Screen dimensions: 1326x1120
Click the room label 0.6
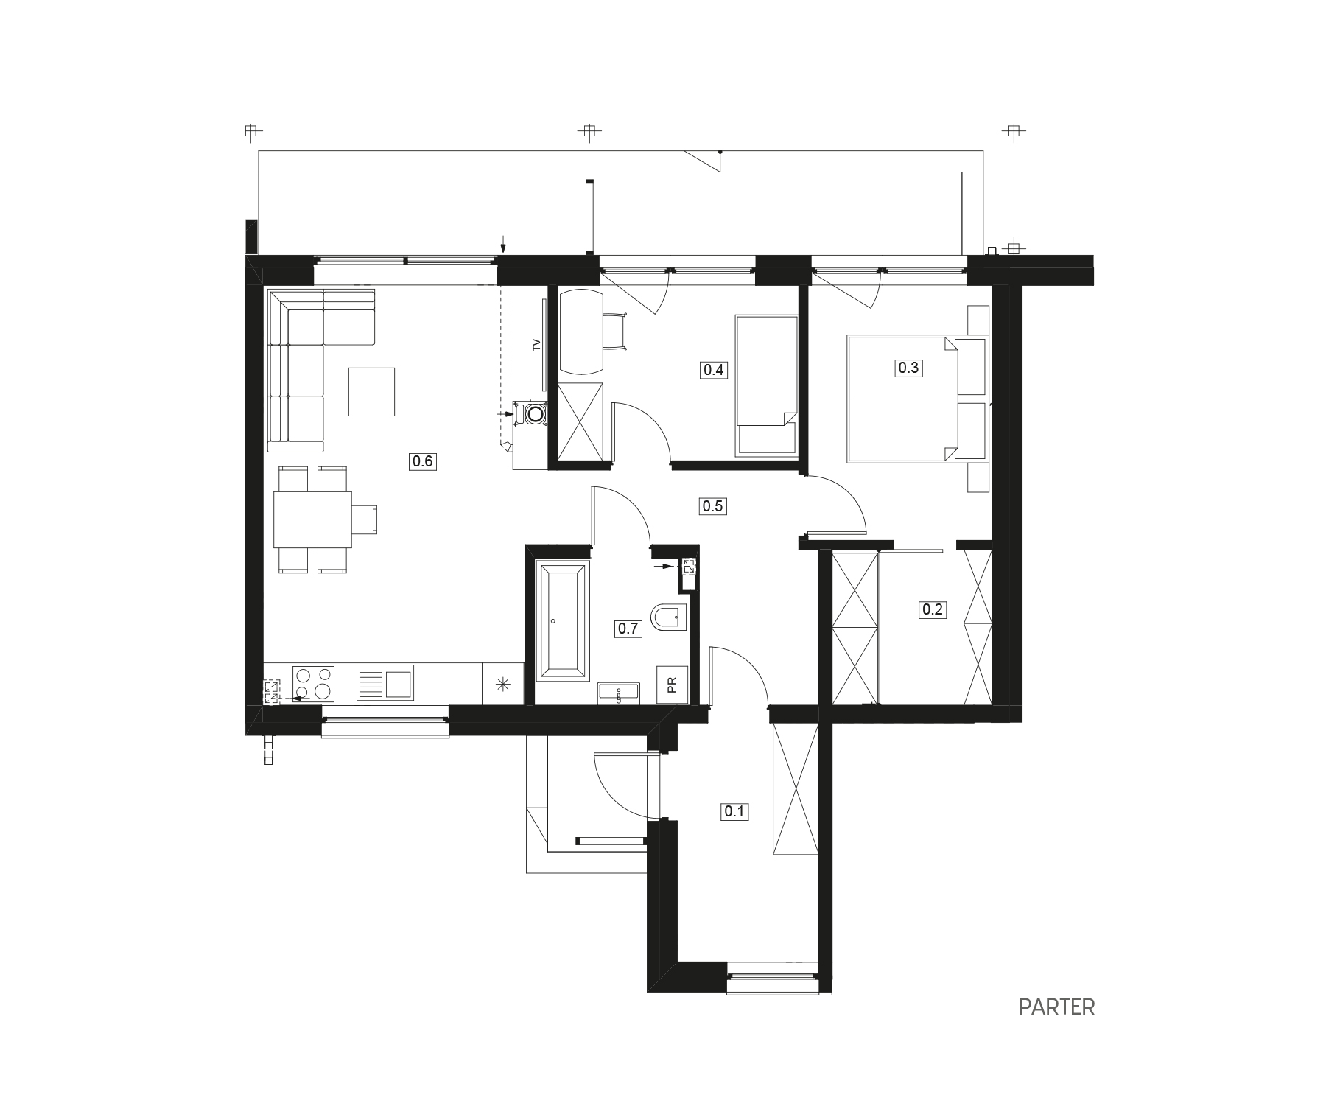[x=424, y=462]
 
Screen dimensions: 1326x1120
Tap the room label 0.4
[x=714, y=370]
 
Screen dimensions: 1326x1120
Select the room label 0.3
[x=908, y=367]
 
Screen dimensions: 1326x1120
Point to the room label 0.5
[x=713, y=506]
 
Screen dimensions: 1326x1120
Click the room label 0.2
[x=932, y=609]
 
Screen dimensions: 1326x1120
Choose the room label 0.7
[x=628, y=629]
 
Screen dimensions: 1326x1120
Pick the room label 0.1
[x=735, y=812]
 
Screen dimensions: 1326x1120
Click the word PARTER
[x=1056, y=1007]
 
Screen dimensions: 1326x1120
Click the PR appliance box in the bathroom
[x=673, y=685]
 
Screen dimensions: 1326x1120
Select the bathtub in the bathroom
[x=563, y=620]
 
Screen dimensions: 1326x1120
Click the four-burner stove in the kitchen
[x=314, y=684]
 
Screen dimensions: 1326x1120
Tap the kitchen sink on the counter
[x=385, y=682]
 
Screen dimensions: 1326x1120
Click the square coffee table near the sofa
[x=372, y=392]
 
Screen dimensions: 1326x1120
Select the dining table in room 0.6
[x=312, y=519]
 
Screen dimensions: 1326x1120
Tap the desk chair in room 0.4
[x=616, y=332]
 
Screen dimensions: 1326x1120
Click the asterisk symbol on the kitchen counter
[x=502, y=685]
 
